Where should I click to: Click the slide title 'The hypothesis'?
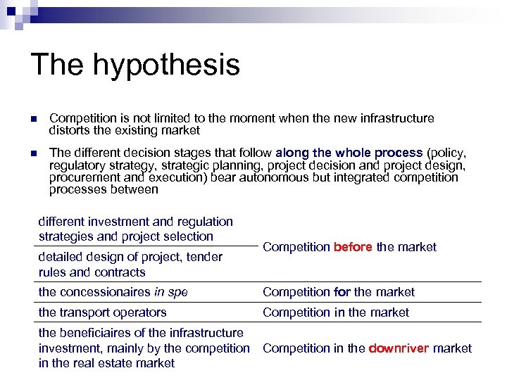(x=135, y=65)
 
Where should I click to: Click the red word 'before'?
(x=353, y=247)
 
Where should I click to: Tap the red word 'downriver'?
(x=399, y=348)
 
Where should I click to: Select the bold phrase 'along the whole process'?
(x=349, y=153)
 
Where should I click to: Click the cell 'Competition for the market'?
(x=339, y=292)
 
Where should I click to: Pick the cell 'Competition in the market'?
(x=335, y=312)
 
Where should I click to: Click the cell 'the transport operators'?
(x=102, y=312)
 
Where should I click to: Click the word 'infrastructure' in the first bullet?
(x=397, y=118)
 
